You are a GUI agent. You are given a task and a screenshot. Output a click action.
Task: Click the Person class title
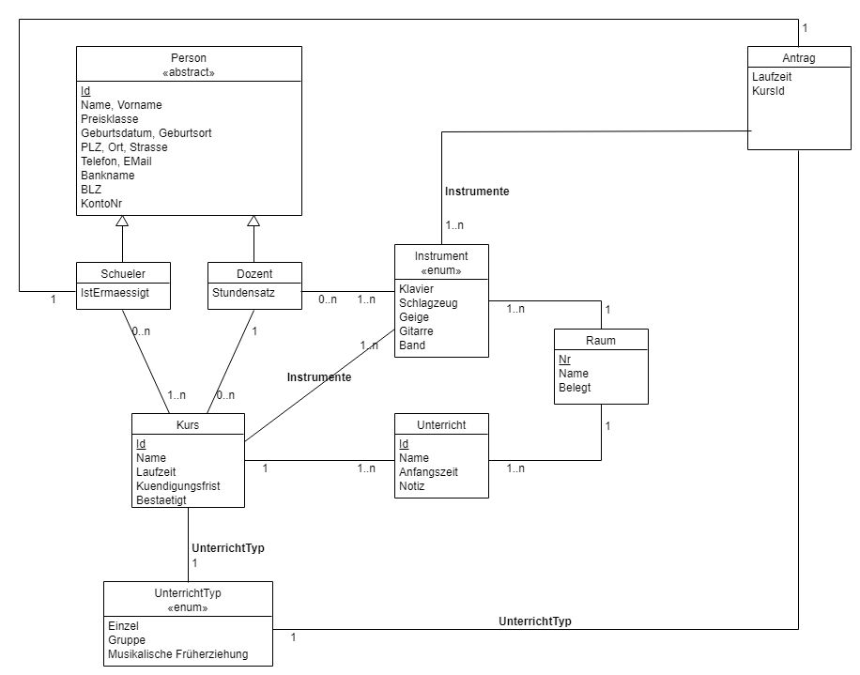(x=189, y=58)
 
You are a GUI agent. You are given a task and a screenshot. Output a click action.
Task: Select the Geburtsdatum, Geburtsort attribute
(x=146, y=133)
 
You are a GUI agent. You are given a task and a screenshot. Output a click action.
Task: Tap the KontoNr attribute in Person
(x=101, y=204)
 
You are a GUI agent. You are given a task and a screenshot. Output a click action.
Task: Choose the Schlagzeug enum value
(x=428, y=303)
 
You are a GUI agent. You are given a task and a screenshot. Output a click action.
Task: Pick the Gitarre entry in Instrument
(x=416, y=331)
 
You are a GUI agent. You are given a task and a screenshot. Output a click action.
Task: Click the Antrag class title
(x=798, y=58)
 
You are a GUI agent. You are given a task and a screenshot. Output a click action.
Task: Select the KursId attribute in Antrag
(x=768, y=91)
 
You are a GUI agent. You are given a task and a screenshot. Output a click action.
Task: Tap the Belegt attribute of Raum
(x=575, y=388)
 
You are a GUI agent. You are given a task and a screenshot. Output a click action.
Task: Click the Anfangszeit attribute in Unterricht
(x=428, y=472)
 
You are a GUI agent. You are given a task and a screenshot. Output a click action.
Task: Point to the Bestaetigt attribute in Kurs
(x=161, y=500)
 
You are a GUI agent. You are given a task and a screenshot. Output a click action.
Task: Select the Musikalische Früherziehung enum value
(x=178, y=654)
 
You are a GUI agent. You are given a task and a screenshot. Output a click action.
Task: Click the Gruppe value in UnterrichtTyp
(x=127, y=640)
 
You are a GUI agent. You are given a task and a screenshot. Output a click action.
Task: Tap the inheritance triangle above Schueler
(x=122, y=222)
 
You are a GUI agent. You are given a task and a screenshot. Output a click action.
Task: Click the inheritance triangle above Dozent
(x=253, y=222)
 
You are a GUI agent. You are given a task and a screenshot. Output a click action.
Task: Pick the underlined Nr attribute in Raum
(x=564, y=360)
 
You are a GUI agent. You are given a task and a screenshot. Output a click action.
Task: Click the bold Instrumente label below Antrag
(x=477, y=192)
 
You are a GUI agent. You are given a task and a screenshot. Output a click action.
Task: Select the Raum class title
(x=601, y=340)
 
